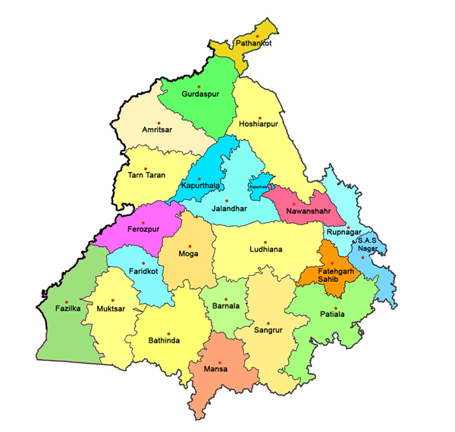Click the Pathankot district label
[253, 44]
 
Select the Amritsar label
[157, 130]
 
